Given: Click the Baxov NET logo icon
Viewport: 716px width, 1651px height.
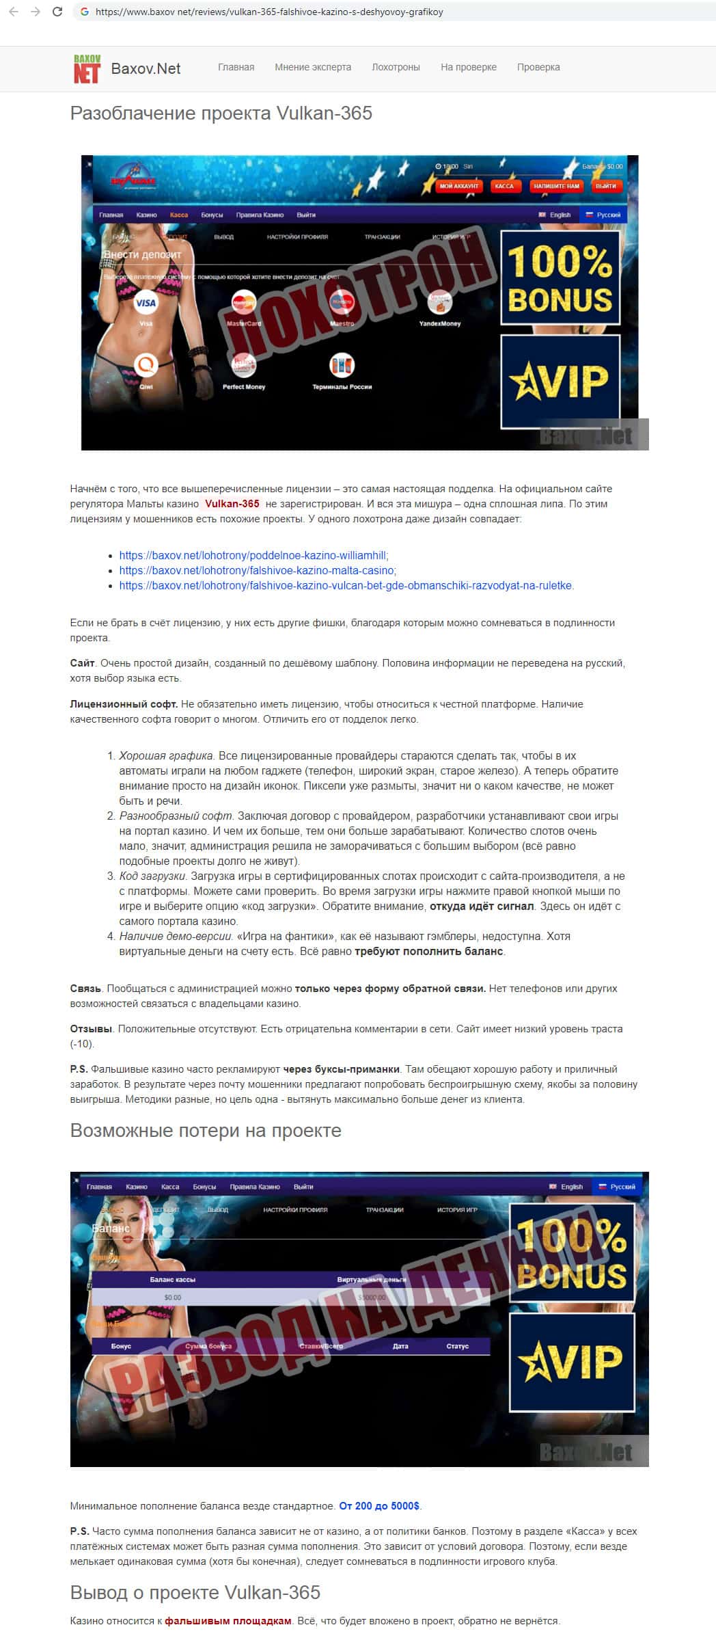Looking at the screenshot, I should click(x=87, y=68).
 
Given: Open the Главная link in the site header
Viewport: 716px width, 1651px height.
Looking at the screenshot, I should click(x=236, y=67).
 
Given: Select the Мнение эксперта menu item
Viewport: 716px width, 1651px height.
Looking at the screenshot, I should click(x=313, y=67).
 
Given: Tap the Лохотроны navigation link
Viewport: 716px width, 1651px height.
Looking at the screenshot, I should click(x=396, y=67).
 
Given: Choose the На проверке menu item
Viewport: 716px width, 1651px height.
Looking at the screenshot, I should click(x=469, y=67).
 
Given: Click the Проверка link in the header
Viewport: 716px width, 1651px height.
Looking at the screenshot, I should click(x=538, y=67).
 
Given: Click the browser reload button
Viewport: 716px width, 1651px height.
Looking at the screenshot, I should click(x=57, y=12).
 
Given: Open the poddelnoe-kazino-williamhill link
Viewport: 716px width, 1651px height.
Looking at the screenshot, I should click(x=253, y=556).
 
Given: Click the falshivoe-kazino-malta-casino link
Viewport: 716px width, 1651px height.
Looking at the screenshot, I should click(x=257, y=571).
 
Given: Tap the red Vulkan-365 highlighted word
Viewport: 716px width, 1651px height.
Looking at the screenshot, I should click(x=232, y=504).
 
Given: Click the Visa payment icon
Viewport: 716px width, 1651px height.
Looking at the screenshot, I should click(x=146, y=303).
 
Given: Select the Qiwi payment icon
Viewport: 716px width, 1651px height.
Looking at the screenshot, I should click(x=146, y=366).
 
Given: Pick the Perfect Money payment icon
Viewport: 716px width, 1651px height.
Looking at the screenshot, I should click(x=244, y=366).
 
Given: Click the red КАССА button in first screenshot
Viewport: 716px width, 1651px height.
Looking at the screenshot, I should click(x=504, y=186).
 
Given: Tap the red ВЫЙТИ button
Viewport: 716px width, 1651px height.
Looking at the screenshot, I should click(x=605, y=186).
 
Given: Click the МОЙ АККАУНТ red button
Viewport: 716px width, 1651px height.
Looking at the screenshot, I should click(x=459, y=186).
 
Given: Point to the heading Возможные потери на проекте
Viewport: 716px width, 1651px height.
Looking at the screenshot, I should click(x=206, y=1131).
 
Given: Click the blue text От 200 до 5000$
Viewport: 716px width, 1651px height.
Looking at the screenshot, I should click(x=379, y=1506).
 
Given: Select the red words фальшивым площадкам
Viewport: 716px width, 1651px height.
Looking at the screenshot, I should click(x=228, y=1621).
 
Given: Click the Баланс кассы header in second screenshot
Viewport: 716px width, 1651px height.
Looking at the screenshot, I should click(x=172, y=1279).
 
